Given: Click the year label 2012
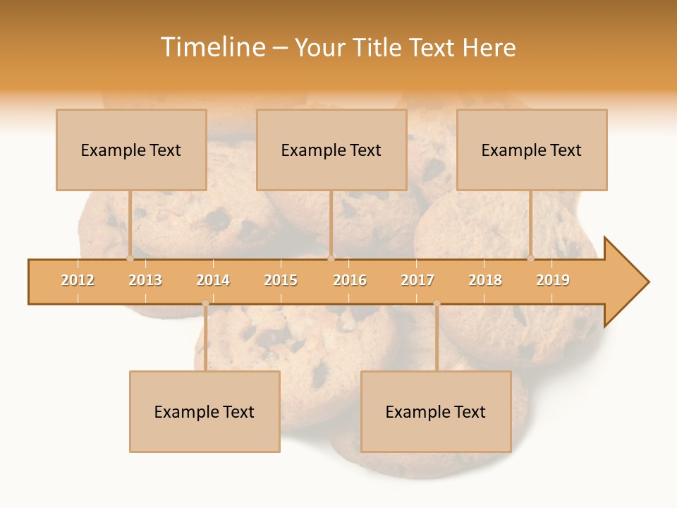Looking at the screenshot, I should [78, 280].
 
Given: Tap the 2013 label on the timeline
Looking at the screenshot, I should [145, 280].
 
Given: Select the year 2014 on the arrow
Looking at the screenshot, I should [213, 280].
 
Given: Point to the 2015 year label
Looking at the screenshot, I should [281, 280].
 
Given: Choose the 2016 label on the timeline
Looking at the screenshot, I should [350, 280].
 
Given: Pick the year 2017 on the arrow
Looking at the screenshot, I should [417, 280].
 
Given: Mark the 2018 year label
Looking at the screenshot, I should [485, 280].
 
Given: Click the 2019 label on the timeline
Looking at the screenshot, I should [553, 280].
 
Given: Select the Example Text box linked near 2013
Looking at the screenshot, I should [131, 150].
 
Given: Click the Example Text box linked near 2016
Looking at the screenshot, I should [331, 150].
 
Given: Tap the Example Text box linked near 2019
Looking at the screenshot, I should [532, 150].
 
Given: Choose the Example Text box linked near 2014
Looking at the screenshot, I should [205, 411].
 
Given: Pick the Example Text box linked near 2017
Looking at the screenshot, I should [436, 411].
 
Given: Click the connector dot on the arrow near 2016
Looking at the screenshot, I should [331, 258].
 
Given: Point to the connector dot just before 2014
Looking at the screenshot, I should [205, 303].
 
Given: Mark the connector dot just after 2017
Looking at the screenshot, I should [437, 303].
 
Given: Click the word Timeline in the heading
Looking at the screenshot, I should [212, 47].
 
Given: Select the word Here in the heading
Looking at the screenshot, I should [489, 47].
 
